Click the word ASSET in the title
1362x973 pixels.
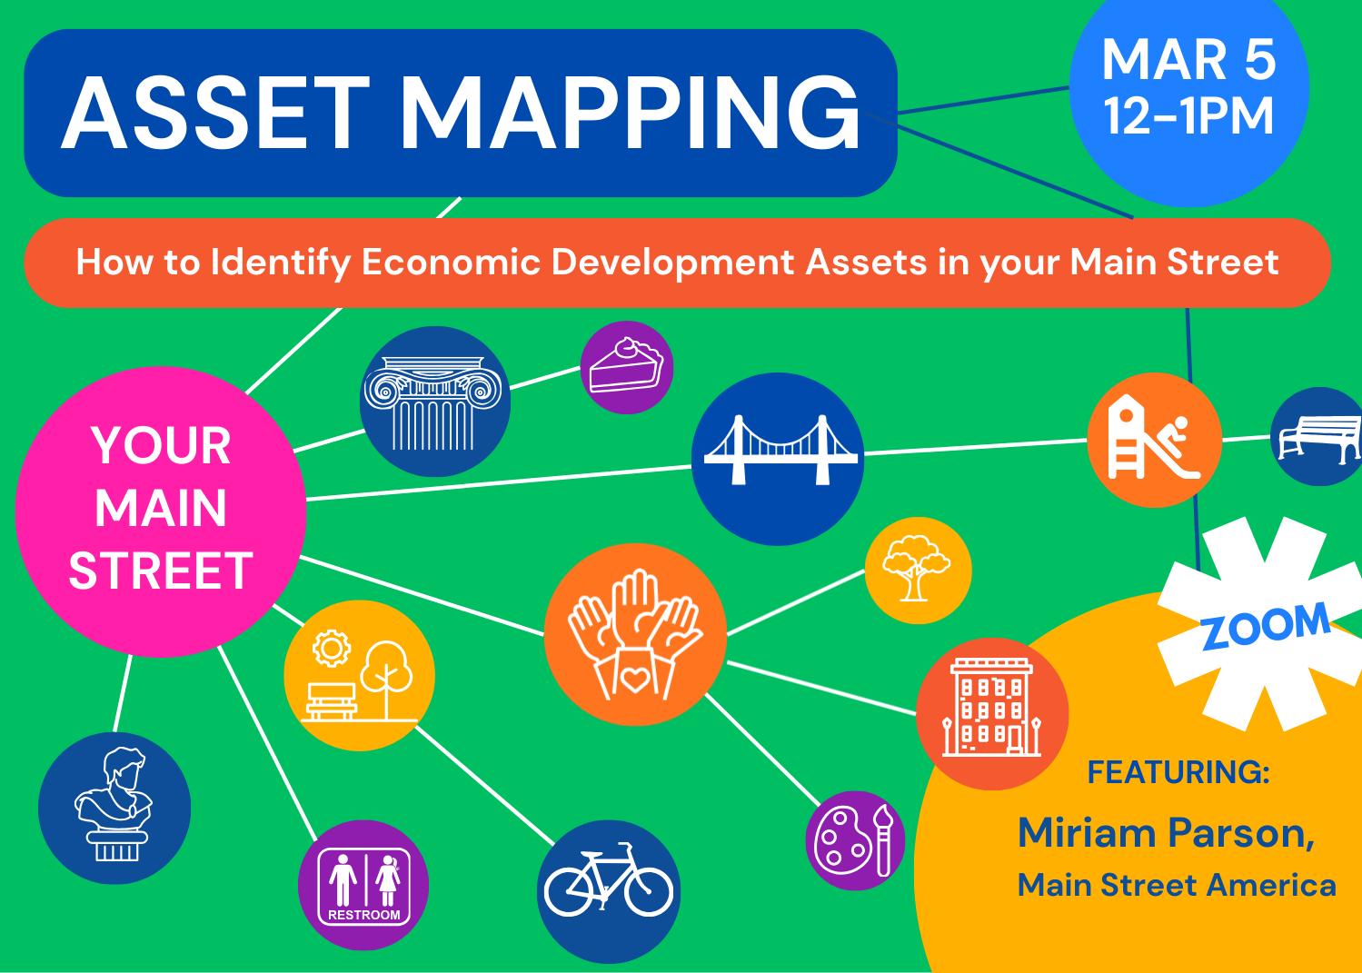click(x=215, y=114)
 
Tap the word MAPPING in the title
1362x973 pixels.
click(x=630, y=114)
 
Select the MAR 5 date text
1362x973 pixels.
click(x=1188, y=59)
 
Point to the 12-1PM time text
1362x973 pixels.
click(x=1188, y=115)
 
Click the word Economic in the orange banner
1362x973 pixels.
click(x=452, y=263)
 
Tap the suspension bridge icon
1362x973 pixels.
click(x=780, y=450)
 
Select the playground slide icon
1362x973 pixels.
click(x=1153, y=437)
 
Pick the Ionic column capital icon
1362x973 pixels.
click(x=432, y=403)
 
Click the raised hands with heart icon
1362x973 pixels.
click(x=635, y=634)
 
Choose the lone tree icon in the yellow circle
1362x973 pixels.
click(x=916, y=568)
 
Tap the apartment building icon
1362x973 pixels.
click(x=991, y=707)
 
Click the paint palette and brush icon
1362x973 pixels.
click(x=854, y=840)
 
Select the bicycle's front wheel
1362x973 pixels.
click(x=648, y=891)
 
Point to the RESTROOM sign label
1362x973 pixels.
click(x=364, y=915)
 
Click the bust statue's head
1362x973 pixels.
click(x=125, y=769)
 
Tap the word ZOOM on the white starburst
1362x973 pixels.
click(x=1266, y=626)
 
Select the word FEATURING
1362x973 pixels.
click(x=1178, y=772)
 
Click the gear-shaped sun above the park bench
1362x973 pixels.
click(x=332, y=649)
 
